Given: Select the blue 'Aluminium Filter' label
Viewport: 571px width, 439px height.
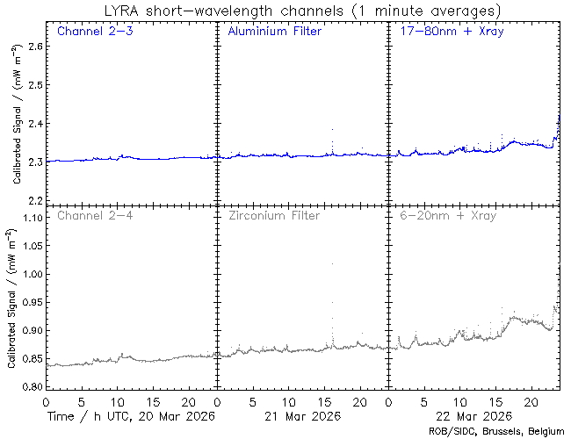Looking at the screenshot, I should (x=274, y=32).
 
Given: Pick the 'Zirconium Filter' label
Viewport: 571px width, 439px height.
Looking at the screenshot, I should (x=274, y=215).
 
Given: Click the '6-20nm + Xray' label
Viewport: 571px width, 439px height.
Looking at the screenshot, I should (x=447, y=215).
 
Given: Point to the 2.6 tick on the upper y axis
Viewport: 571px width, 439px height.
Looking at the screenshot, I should (x=33, y=46).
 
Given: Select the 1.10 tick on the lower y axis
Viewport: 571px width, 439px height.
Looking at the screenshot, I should (x=30, y=218).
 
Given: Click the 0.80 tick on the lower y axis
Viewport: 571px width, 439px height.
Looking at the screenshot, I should (x=30, y=386).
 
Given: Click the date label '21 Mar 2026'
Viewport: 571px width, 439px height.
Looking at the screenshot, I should (x=300, y=415).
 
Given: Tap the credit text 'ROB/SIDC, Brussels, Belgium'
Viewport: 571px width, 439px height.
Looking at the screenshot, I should (x=496, y=431).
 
